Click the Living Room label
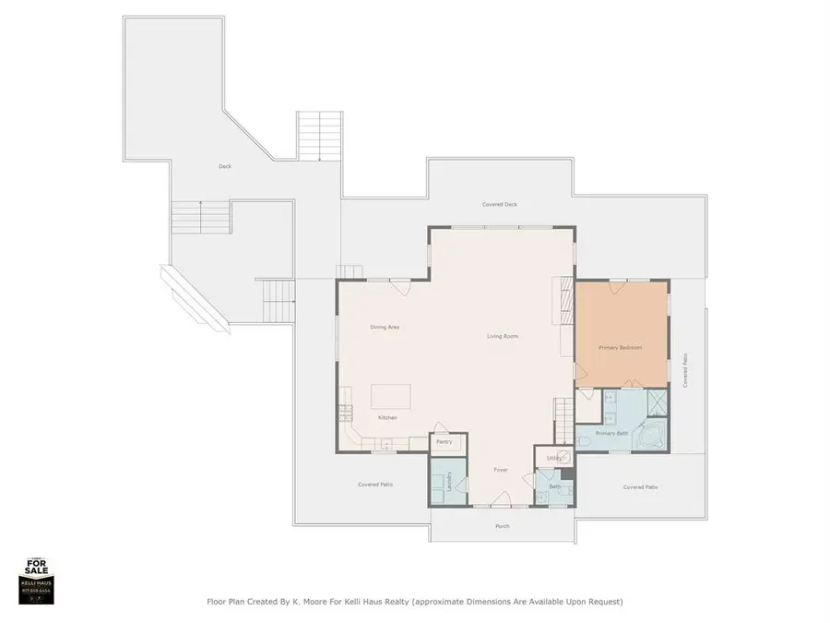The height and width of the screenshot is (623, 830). point(503,336)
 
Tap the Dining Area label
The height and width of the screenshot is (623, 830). point(385,327)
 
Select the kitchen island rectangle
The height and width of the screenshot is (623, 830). point(388,397)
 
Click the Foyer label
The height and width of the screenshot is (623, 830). point(501,470)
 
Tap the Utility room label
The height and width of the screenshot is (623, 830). point(553,458)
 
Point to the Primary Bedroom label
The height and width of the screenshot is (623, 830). point(620,347)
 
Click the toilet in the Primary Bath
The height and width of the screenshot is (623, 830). point(587,444)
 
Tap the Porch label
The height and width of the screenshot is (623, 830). point(503,526)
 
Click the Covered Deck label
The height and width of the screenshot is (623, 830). point(500,204)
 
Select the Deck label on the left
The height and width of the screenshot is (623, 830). point(224,166)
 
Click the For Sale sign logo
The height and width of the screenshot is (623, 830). point(37,580)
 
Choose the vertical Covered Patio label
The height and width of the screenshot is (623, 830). point(685,371)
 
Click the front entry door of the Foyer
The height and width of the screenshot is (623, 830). point(502,502)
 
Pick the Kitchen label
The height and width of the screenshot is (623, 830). point(387,418)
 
